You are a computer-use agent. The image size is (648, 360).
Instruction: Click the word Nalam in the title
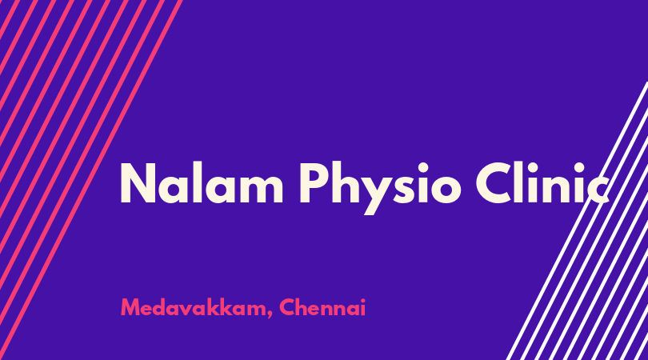coord(202,183)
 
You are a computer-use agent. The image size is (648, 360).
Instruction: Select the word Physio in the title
coord(380,188)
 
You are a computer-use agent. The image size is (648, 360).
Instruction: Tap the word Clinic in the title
coord(542,183)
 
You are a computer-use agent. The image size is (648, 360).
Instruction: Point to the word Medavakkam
coord(194,307)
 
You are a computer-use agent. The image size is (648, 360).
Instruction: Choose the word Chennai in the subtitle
coord(322,307)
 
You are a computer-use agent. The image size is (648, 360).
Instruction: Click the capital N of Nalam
coord(138,183)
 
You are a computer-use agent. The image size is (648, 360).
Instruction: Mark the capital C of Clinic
coord(494,183)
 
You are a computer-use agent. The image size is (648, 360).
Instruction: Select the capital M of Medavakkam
coord(130,307)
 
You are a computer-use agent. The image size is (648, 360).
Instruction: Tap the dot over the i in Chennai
coord(362,300)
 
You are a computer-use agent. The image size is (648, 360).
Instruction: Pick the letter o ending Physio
coord(446,189)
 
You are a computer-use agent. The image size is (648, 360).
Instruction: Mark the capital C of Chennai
coord(286,307)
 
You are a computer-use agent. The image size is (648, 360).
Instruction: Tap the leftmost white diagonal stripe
coord(577,221)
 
